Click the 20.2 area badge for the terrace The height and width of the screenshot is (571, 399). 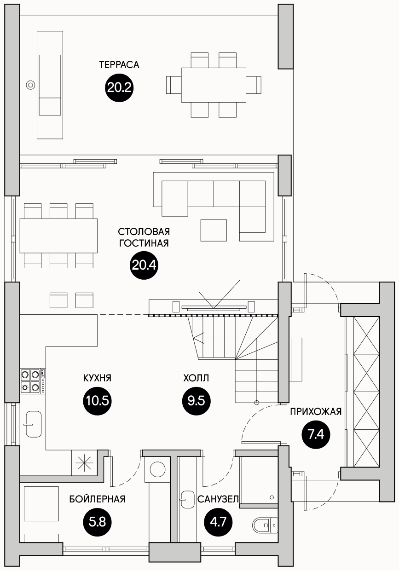coord(119,88)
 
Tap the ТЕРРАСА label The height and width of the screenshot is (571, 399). coord(119,65)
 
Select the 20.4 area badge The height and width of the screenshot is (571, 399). coord(144,265)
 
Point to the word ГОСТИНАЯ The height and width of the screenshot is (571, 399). coord(144,243)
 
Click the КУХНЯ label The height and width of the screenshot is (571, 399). coord(98,378)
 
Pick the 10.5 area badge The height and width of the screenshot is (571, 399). coord(98,401)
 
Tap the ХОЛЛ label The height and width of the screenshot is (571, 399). coord(196,378)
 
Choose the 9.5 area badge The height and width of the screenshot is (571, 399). coord(197,401)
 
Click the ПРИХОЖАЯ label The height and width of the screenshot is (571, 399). coord(316,412)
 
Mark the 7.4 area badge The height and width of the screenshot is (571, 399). coord(316,435)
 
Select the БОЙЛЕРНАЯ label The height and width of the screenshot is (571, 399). coord(98,499)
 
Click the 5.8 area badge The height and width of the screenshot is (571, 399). coord(98,522)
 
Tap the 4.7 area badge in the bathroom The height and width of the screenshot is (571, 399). coord(219,522)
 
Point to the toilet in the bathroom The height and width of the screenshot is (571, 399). coord(265,525)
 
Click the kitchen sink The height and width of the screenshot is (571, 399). coord(34,424)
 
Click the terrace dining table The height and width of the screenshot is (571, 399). coord(214,85)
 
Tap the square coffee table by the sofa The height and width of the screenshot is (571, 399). coord(214,230)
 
